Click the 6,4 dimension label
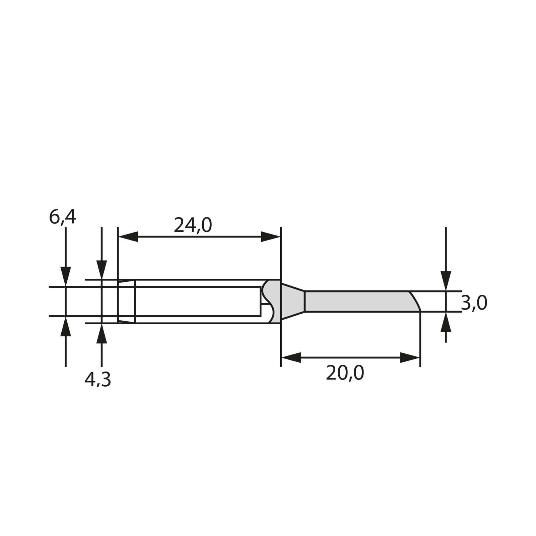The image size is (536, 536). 63,217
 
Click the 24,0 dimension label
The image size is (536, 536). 193,225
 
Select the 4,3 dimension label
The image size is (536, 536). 97,380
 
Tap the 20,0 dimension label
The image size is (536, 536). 345,373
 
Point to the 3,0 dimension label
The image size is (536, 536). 474,303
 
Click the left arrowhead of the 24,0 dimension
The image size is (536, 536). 128,237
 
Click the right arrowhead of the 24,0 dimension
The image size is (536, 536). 270,237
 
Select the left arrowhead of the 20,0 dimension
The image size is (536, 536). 291,357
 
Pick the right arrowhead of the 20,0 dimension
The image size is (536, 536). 410,357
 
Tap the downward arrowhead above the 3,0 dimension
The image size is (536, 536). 446,281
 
